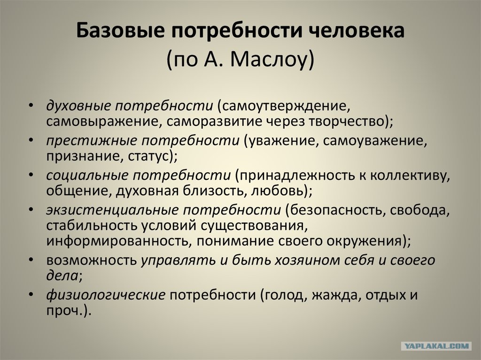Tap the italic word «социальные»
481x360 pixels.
(87, 176)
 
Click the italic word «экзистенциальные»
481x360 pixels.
(112, 210)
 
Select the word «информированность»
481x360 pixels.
(116, 241)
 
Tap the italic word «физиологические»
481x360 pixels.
(106, 295)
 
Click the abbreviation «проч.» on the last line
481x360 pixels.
(65, 311)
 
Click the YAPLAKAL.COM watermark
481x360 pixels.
(436, 346)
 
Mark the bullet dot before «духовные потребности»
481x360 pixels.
(31, 106)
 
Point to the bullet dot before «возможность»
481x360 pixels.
(31, 260)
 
